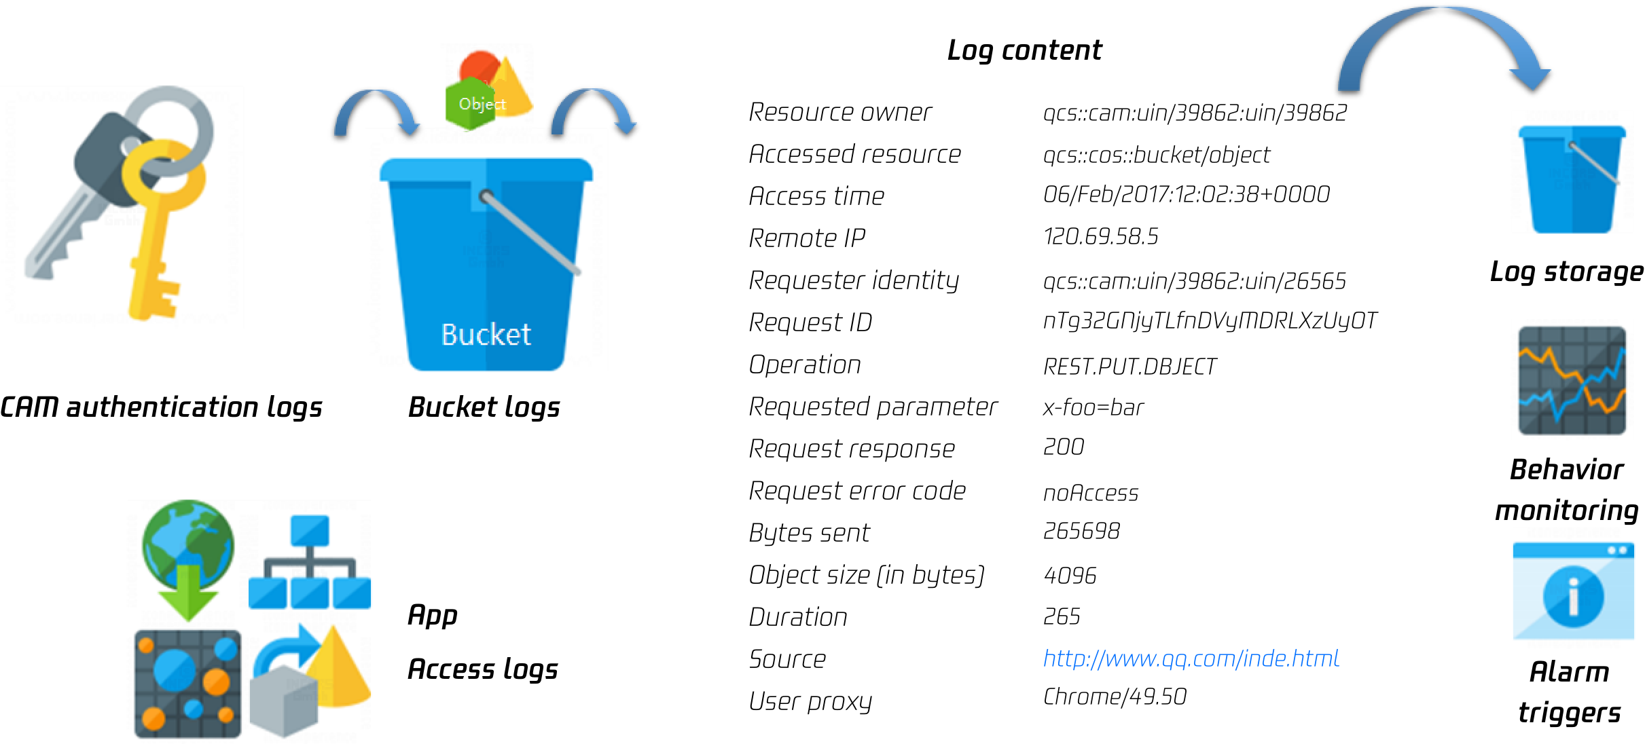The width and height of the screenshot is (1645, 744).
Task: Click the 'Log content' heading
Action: click(1024, 50)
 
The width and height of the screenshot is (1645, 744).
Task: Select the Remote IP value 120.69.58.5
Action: click(1100, 236)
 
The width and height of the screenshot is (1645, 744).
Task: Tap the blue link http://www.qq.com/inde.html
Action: click(1191, 658)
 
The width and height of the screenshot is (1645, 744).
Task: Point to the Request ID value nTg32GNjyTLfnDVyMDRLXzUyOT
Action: click(1210, 321)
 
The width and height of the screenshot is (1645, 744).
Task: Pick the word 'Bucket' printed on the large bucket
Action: click(486, 335)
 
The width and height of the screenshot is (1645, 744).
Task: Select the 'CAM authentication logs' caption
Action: click(161, 407)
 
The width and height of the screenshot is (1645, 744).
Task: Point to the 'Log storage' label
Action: click(1566, 272)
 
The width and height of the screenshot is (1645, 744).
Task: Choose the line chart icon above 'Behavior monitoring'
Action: click(1572, 380)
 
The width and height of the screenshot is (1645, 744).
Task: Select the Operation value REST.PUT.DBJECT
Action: click(1129, 367)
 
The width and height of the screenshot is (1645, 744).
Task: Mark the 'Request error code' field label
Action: click(857, 491)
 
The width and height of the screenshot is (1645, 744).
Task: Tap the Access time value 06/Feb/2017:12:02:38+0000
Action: click(1186, 195)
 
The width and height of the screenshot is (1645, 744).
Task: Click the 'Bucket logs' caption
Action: click(484, 407)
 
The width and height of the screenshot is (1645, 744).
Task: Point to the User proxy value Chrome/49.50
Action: click(1115, 696)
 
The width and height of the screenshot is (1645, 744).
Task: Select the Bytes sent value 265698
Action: click(1081, 531)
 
